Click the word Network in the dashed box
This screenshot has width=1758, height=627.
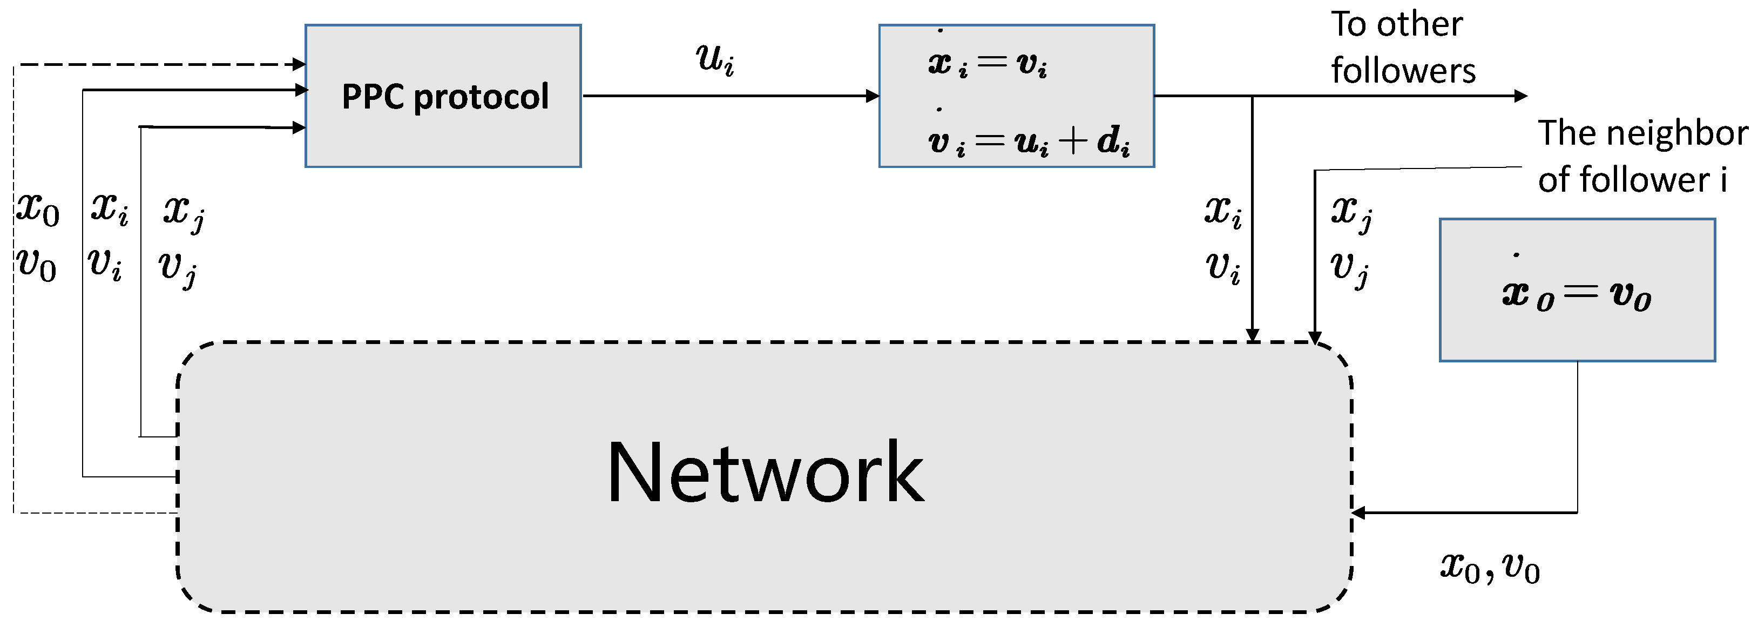(x=765, y=473)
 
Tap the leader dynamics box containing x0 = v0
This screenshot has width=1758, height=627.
(x=1577, y=290)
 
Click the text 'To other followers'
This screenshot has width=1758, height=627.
(x=1402, y=48)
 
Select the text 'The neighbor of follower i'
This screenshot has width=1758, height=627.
(x=1641, y=156)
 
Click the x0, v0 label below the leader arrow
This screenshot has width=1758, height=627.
(x=1489, y=567)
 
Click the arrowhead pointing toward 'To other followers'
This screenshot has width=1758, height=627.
(x=1520, y=96)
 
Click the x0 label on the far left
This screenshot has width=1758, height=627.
(x=38, y=209)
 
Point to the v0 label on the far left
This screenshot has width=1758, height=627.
(x=36, y=265)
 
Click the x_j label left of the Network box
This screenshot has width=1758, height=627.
(x=184, y=212)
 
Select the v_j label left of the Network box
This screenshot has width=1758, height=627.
(x=178, y=268)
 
